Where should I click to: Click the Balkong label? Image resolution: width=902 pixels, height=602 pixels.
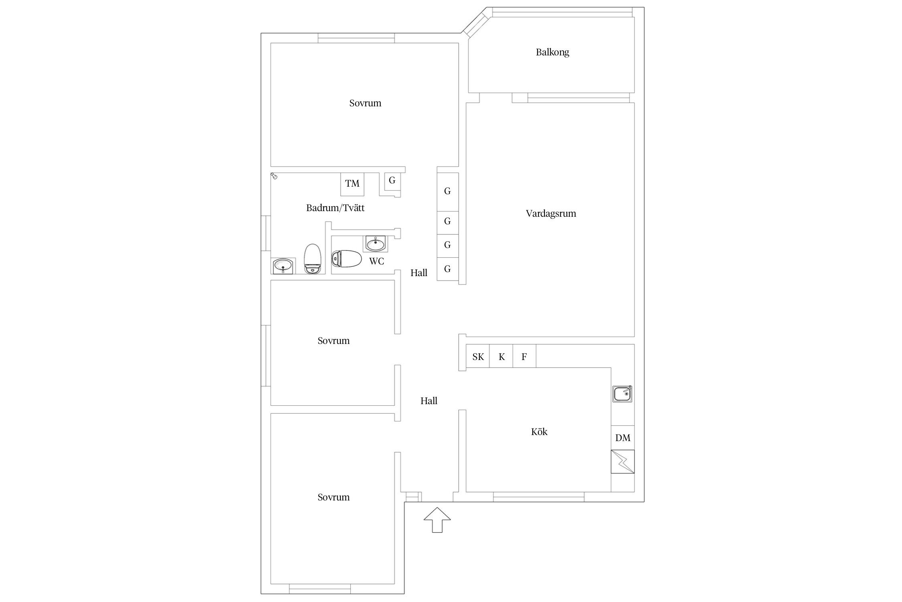552,52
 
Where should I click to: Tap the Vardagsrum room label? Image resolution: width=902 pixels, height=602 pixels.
551,214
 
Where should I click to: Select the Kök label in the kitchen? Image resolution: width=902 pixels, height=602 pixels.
539,432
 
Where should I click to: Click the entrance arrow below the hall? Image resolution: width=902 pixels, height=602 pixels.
437,520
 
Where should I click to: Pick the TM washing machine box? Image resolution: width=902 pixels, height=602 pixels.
352,184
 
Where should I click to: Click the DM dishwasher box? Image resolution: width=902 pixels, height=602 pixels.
623,438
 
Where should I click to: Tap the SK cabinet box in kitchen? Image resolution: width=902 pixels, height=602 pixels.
478,356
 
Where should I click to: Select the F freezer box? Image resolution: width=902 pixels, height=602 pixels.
524,356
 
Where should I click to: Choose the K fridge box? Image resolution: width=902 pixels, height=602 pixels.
501,356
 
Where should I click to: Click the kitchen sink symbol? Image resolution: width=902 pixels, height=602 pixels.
622,394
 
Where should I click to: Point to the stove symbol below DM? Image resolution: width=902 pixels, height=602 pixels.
623,462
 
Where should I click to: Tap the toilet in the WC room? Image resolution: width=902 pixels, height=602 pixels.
347,259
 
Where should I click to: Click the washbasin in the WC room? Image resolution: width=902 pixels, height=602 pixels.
376,244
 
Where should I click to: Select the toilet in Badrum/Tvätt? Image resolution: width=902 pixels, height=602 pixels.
313,259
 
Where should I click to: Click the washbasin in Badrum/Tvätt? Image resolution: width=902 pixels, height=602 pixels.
283,266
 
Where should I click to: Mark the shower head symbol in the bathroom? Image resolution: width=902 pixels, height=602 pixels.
274,176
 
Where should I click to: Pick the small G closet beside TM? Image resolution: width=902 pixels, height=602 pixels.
392,181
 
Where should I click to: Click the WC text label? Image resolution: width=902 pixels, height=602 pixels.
376,261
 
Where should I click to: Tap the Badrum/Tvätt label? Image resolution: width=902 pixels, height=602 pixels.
336,208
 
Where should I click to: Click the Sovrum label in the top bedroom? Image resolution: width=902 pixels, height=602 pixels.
365,103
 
